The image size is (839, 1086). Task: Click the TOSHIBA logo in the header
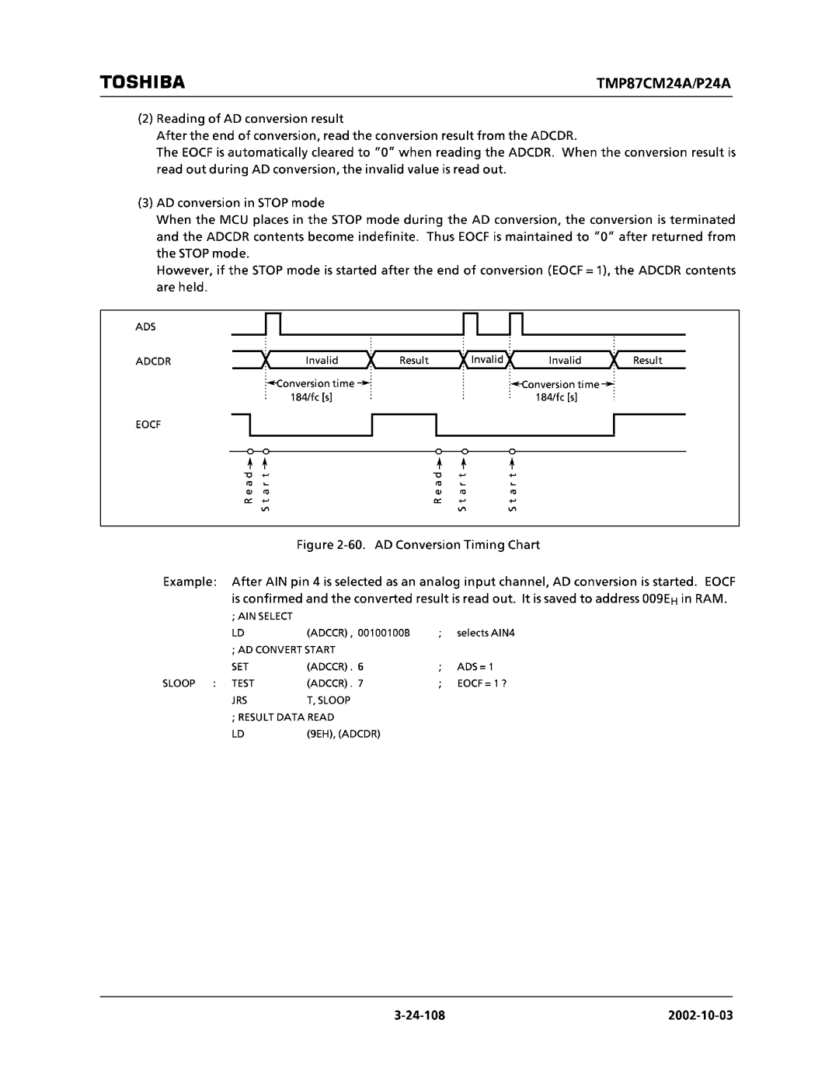pos(143,82)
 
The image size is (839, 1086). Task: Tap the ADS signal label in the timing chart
pos(146,327)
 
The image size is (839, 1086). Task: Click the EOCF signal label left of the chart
pos(149,425)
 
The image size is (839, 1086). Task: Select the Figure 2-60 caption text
pos(419,545)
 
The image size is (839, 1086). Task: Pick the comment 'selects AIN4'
pos(486,633)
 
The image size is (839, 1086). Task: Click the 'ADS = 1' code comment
pos(475,667)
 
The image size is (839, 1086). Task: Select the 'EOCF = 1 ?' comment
pos(482,683)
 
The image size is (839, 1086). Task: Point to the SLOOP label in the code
pos(179,683)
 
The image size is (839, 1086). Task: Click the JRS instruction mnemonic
pos(238,700)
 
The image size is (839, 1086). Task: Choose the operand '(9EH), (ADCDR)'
pos(343,734)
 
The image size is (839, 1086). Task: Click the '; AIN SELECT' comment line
pos(261,616)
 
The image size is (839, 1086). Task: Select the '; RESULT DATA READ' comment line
pos(283,718)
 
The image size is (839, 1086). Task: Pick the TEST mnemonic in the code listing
pos(242,683)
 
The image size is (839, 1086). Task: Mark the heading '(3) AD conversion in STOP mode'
pos(232,203)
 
